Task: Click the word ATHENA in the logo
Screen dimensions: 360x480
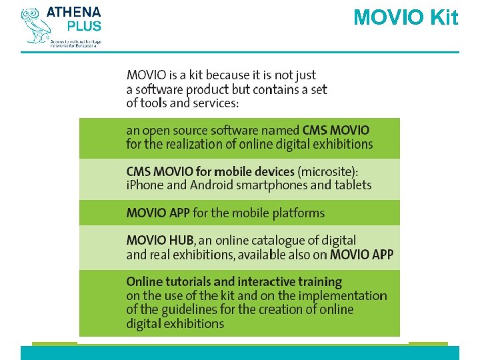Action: [74, 12]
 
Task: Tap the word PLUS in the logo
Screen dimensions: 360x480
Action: [84, 27]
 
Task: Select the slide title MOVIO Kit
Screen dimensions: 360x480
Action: [405, 17]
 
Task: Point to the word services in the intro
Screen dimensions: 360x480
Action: [214, 103]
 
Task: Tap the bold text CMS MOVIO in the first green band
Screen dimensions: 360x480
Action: [335, 130]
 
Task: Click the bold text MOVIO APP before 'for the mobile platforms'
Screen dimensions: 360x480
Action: [157, 213]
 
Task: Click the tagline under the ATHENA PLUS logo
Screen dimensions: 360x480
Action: [76, 43]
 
